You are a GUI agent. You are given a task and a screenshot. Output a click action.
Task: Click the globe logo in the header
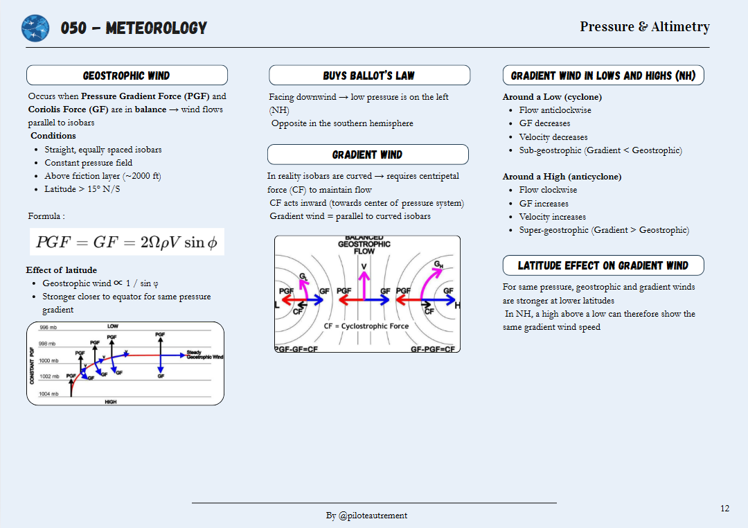click(x=35, y=28)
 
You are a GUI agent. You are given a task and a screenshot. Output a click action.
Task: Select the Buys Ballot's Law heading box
click(x=369, y=76)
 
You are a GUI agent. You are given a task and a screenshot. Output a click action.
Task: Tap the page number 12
click(x=724, y=509)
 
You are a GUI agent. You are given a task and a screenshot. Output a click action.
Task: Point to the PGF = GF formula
click(x=127, y=243)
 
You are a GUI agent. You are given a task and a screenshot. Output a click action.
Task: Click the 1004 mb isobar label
click(x=49, y=394)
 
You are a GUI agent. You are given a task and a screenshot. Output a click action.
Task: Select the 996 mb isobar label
click(x=48, y=328)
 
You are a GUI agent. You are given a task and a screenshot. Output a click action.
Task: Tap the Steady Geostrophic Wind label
click(x=204, y=355)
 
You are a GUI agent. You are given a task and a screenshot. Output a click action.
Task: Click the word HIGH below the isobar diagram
click(x=111, y=402)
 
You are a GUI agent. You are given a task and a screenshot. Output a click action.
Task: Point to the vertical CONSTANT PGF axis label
click(x=32, y=366)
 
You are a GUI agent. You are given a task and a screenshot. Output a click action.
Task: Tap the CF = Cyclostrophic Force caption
click(x=366, y=326)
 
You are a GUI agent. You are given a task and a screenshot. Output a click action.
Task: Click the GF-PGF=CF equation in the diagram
click(x=433, y=349)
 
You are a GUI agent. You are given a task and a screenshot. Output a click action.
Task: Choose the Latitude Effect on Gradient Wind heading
click(x=603, y=265)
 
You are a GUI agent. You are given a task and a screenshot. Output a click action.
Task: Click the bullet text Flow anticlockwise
click(x=555, y=110)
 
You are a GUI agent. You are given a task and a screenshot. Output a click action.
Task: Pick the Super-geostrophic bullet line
click(x=604, y=230)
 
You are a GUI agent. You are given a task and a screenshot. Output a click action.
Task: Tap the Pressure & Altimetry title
click(x=644, y=26)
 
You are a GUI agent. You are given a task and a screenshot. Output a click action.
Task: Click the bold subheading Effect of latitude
click(x=62, y=270)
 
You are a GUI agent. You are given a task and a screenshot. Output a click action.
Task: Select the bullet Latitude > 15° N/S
click(x=82, y=189)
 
